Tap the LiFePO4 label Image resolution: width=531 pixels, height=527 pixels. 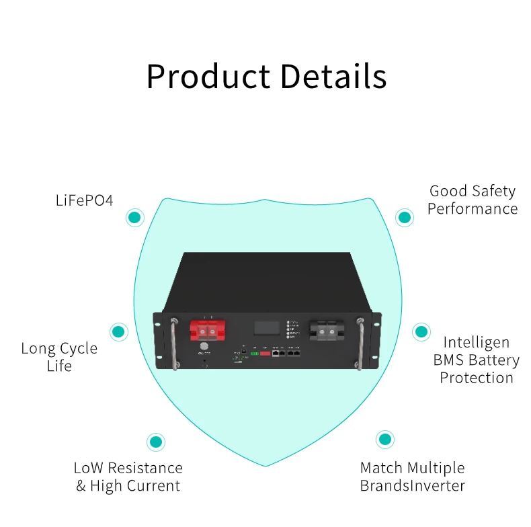85,200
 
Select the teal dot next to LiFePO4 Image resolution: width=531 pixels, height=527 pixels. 135,217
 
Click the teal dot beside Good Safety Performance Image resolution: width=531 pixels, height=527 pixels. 404,217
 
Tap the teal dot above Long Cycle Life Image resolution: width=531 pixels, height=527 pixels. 119,331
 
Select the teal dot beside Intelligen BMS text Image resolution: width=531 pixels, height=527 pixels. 421,331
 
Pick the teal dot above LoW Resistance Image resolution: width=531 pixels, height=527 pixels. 156,442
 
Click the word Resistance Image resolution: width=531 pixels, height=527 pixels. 145,468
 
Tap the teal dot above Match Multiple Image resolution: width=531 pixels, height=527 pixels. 384,440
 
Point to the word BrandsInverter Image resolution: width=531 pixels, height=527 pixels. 412,485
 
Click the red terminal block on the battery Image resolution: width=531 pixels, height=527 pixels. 207,329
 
